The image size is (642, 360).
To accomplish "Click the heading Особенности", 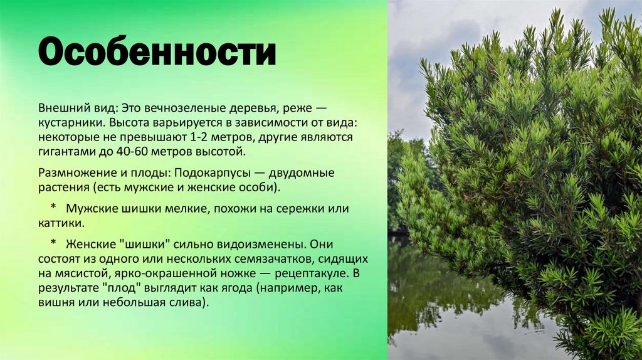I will pyautogui.click(x=157, y=53).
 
